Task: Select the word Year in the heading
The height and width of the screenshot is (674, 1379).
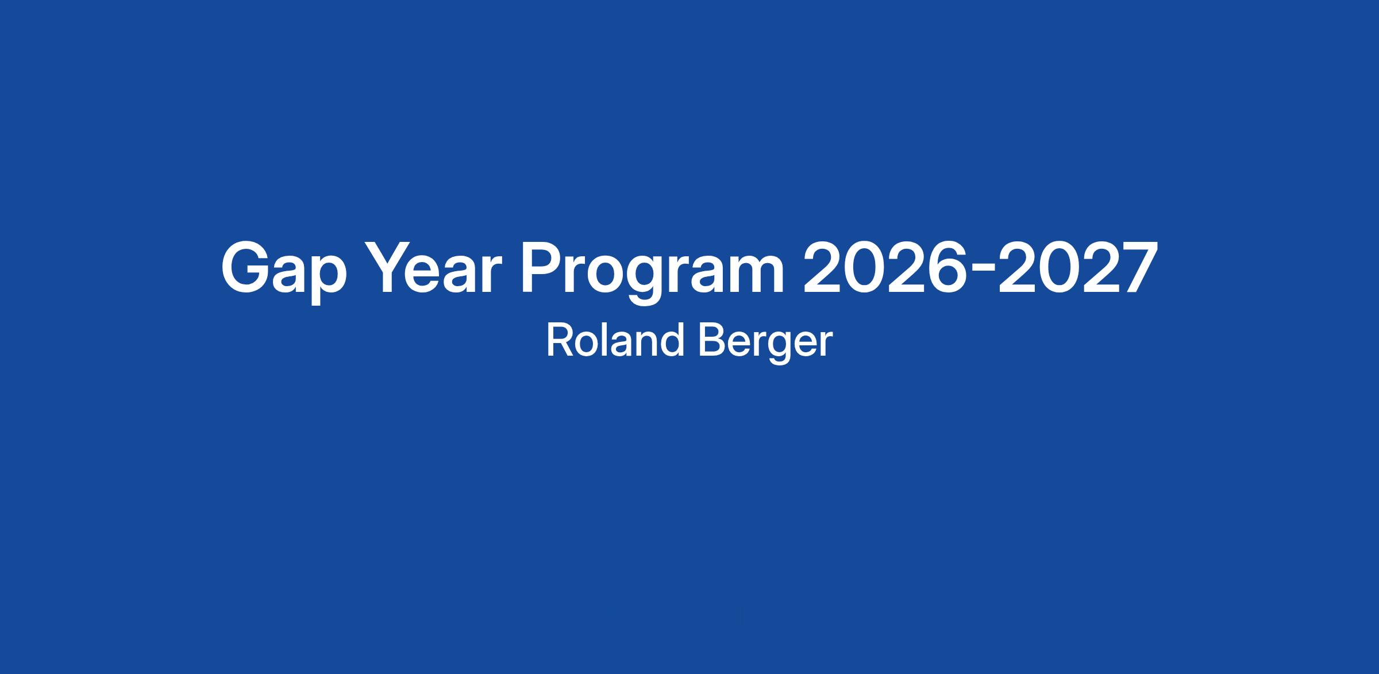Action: point(432,267)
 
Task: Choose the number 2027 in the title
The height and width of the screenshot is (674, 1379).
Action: point(1078,267)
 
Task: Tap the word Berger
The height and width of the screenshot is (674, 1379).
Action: point(765,344)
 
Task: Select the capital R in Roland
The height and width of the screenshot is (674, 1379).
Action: point(560,340)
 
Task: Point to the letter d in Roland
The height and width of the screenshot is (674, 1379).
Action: point(672,340)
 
